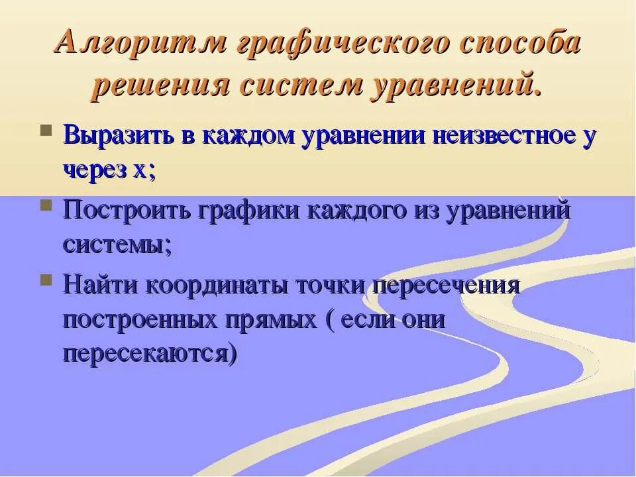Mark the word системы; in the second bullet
pyautogui.click(x=118, y=244)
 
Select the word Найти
pyautogui.click(x=101, y=286)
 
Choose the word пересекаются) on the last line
pyautogui.click(x=150, y=353)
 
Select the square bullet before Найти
pyautogui.click(x=46, y=279)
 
